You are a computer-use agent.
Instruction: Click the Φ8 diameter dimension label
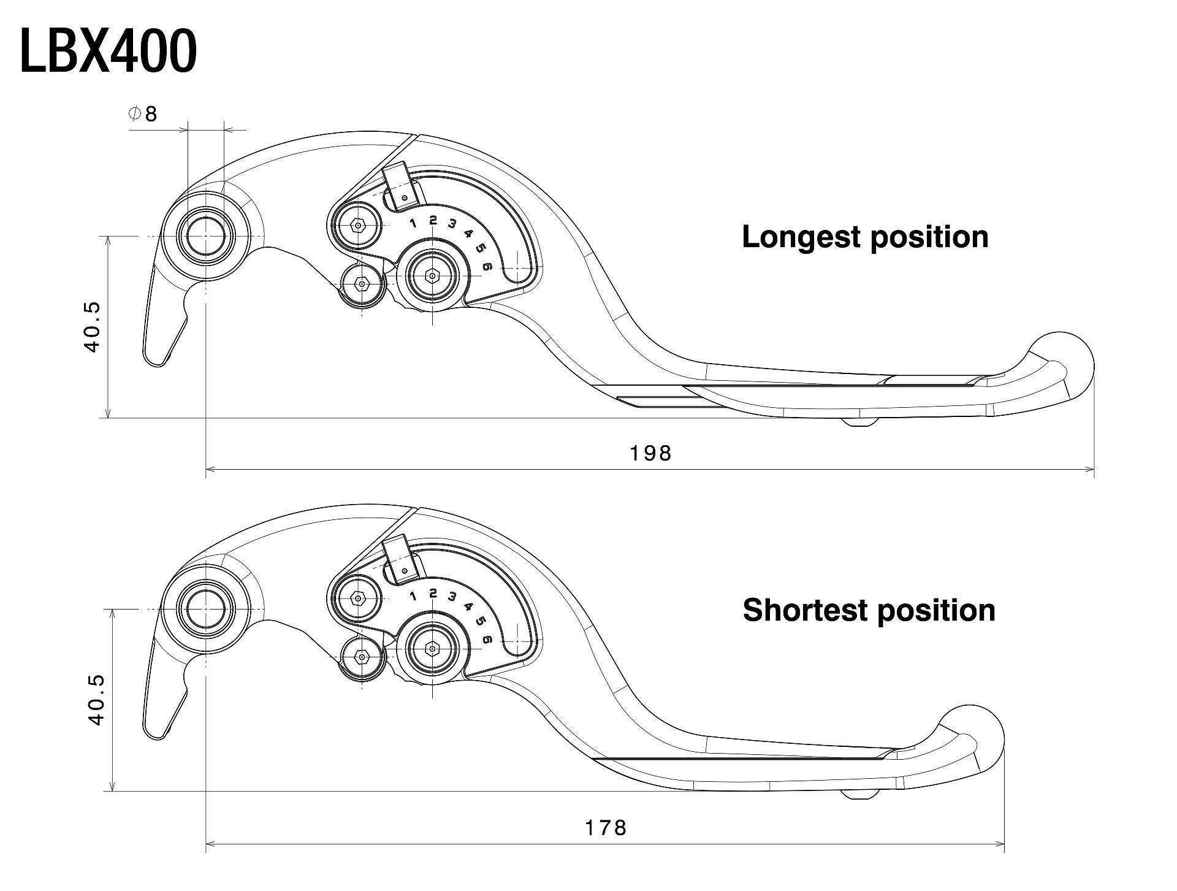pos(143,113)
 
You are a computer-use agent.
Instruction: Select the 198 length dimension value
pos(651,453)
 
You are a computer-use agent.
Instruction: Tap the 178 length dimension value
pos(606,828)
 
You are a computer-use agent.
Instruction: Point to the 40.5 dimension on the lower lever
pos(97,700)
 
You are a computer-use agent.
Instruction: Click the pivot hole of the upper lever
pos(206,237)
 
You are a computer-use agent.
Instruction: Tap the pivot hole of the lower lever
pos(206,610)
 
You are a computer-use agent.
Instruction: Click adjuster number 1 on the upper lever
pos(414,223)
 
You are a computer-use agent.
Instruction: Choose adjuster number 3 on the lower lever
pos(452,596)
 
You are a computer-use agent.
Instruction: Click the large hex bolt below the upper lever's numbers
pos(433,277)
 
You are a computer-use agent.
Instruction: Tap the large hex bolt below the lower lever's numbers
pos(433,649)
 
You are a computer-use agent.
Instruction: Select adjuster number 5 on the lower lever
pos(480,621)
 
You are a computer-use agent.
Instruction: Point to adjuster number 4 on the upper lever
pos(468,233)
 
